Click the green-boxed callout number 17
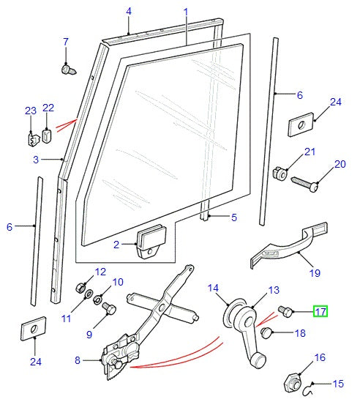coord(320,311)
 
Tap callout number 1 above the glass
coord(186,12)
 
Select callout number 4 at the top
coord(129,11)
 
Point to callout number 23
coord(30,111)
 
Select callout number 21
coord(310,152)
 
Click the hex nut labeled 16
coord(291,381)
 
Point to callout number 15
coord(338,384)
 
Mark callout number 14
coord(214,288)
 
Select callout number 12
coord(100,271)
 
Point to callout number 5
coord(233,217)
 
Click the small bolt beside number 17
coord(286,312)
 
